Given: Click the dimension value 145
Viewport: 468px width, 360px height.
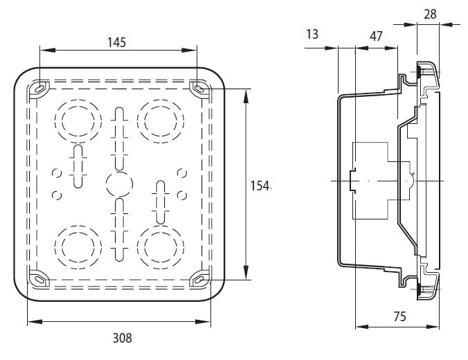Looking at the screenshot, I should click(116, 42).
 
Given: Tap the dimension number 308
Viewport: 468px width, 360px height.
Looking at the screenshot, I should click(122, 339).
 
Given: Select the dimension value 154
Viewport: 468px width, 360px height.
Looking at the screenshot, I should click(259, 185).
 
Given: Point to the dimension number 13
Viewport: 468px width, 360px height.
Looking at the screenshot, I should click(312, 34).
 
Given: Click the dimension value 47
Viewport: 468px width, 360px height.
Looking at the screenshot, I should click(377, 36).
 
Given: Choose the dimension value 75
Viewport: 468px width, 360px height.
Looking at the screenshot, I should click(399, 317).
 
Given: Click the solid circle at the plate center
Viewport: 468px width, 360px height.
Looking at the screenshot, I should click(118, 185).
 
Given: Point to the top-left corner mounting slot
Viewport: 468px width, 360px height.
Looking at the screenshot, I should click(39, 88).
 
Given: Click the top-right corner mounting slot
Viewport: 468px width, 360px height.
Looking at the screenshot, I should click(200, 89).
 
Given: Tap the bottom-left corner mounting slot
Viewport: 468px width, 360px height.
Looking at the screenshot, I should click(39, 278).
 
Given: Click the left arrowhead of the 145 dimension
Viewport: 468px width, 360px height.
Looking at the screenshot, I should click(44, 50).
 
